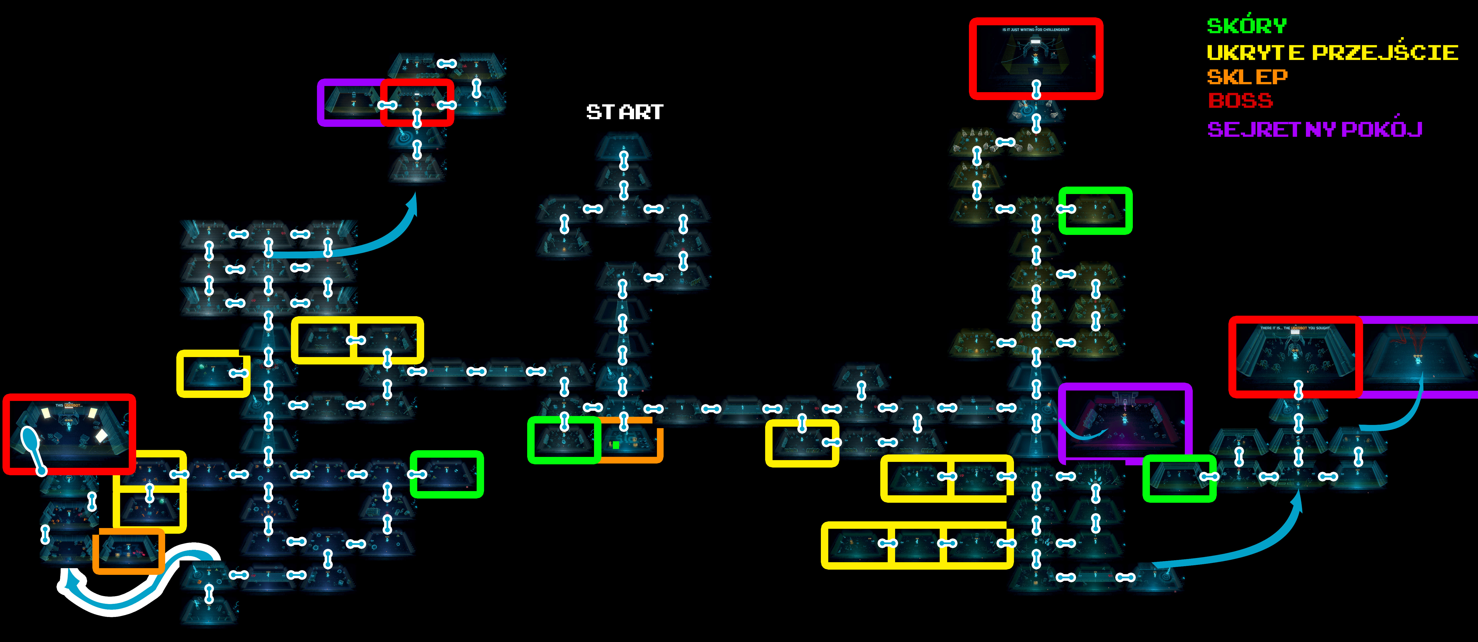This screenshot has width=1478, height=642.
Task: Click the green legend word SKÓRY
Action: [x=1246, y=26]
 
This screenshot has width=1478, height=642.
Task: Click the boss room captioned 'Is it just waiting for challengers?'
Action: [x=1036, y=57]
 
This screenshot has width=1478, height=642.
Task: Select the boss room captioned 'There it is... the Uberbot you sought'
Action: [x=1295, y=356]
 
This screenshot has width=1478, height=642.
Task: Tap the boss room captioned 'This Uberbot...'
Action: [x=69, y=434]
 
